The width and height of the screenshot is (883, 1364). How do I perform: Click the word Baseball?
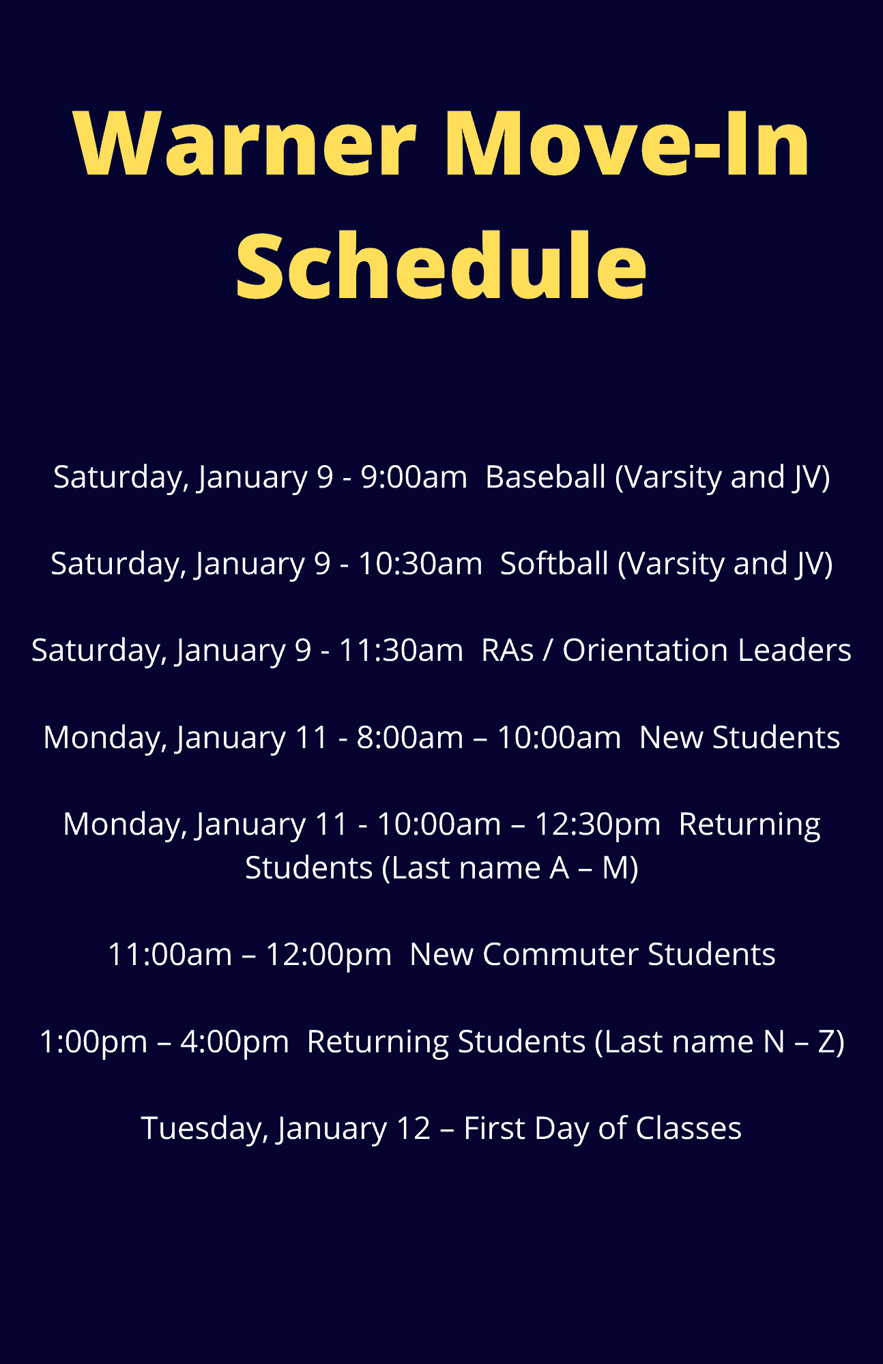[x=545, y=477]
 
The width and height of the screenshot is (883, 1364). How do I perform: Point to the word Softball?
[x=554, y=563]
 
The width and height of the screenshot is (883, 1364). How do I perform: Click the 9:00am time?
[x=414, y=477]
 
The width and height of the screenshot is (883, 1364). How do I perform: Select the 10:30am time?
[x=420, y=563]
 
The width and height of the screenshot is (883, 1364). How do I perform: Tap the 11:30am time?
[x=401, y=650]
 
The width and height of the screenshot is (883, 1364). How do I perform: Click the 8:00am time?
[x=410, y=737]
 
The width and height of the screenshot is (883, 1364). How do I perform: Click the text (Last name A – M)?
[x=510, y=868]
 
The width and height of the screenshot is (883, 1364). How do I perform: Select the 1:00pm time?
[x=93, y=1042]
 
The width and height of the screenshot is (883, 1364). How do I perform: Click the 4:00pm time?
[x=235, y=1042]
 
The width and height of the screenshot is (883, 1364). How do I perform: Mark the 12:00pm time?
[x=329, y=955]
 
